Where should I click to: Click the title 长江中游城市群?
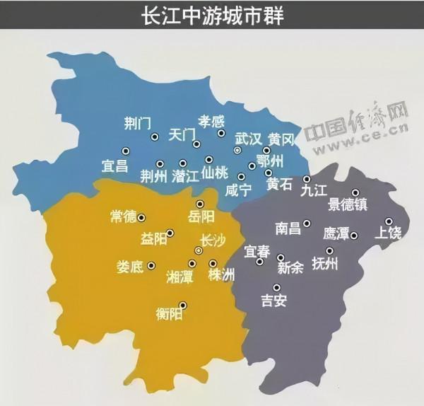click(211, 16)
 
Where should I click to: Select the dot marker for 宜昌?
click(126, 151)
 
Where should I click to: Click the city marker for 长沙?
click(199, 250)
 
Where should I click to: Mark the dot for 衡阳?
click(184, 306)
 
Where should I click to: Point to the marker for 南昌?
click(307, 224)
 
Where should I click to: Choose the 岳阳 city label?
click(201, 217)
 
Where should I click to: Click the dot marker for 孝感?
click(221, 133)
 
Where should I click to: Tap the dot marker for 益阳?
click(170, 233)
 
